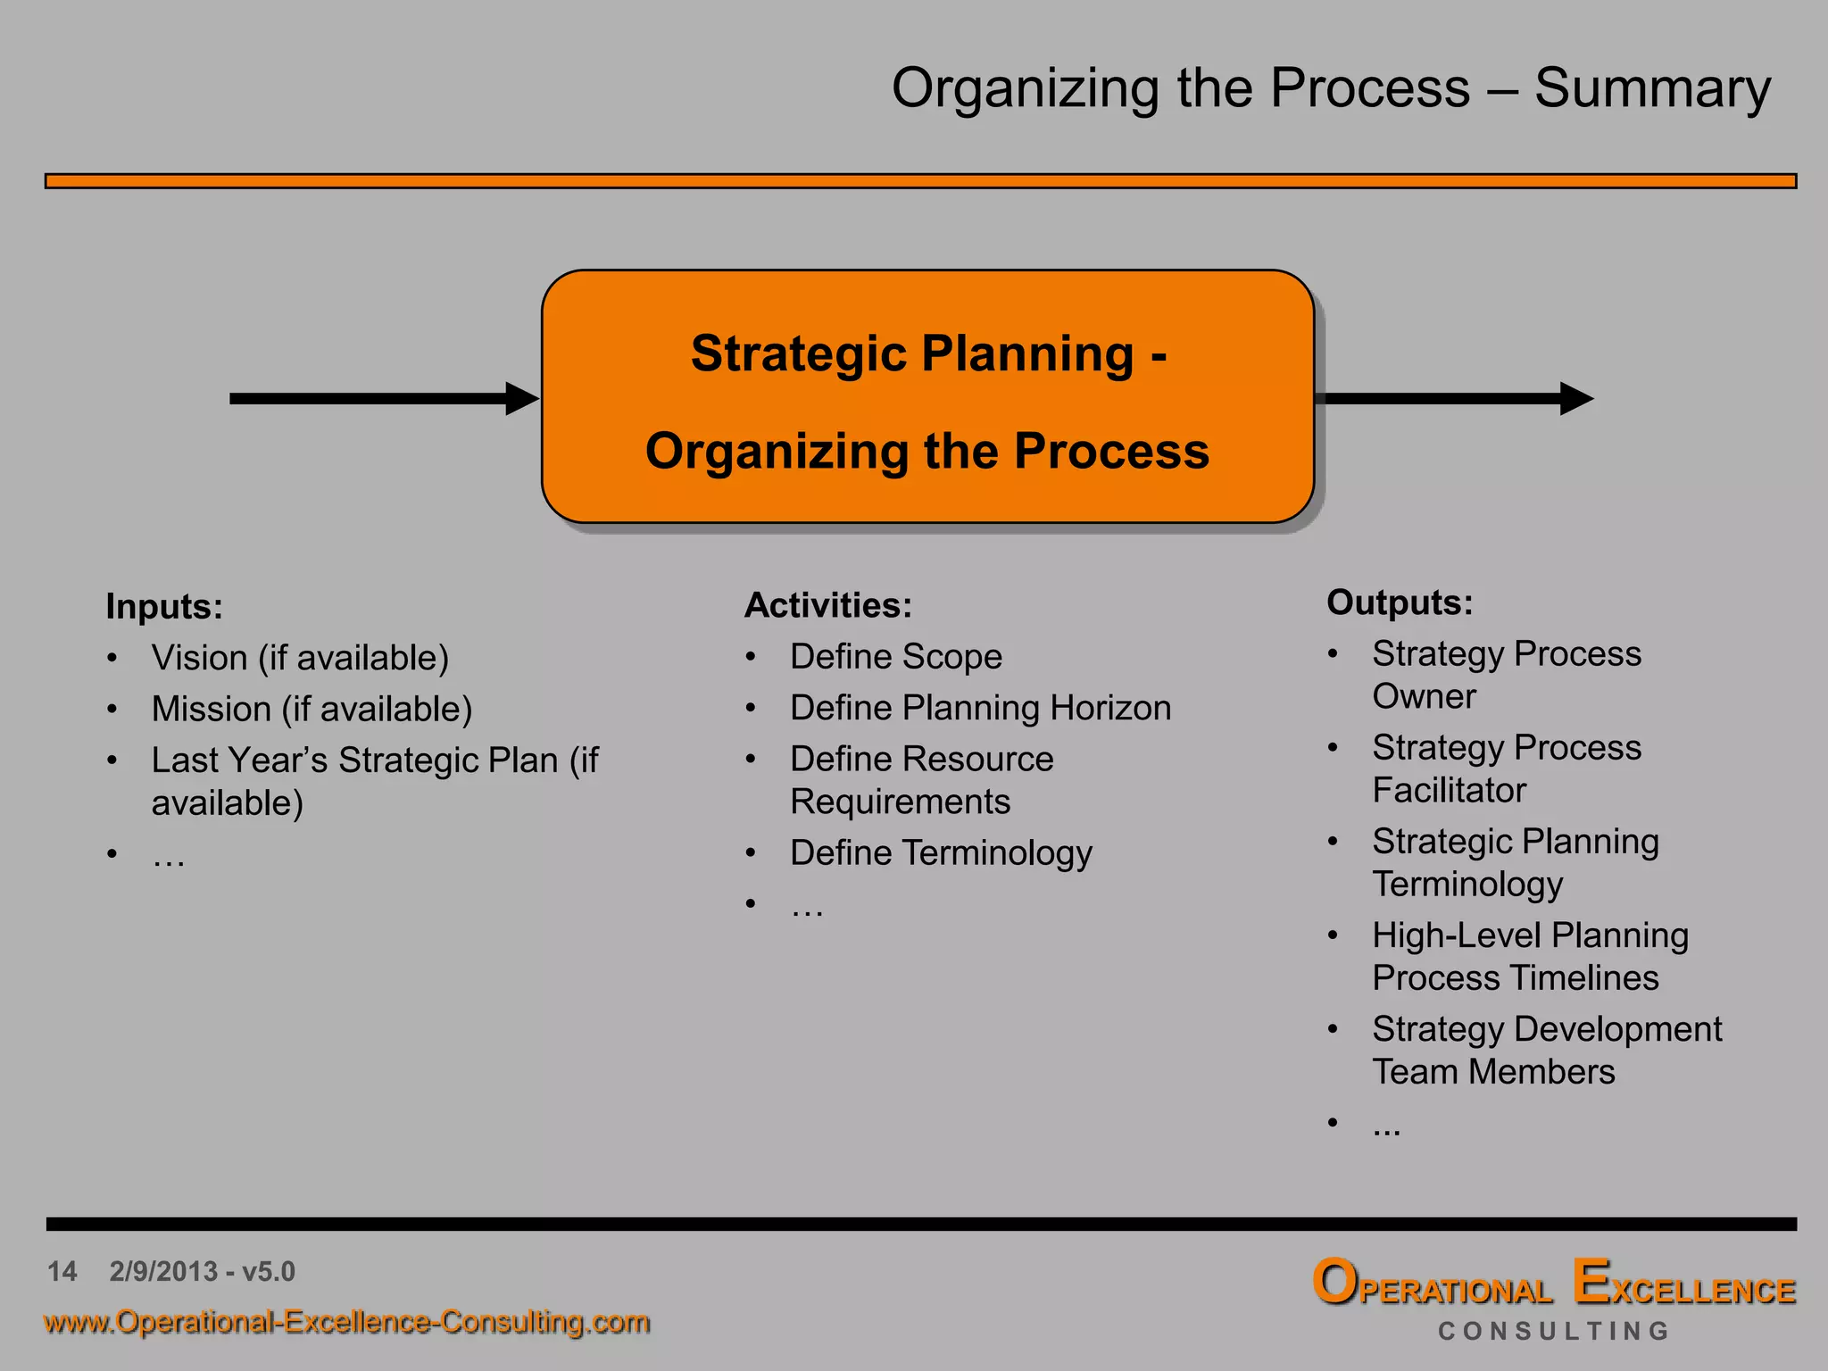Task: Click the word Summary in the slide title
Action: click(x=1651, y=89)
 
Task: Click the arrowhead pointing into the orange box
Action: click(x=521, y=398)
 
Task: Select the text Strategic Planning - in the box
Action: click(x=928, y=353)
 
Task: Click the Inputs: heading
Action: click(x=164, y=607)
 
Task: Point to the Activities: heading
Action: click(x=828, y=605)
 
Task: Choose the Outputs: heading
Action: click(x=1400, y=602)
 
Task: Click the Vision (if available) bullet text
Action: click(x=300, y=658)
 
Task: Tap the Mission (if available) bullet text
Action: click(x=312, y=709)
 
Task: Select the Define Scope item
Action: click(x=896, y=657)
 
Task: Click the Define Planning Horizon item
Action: click(x=980, y=708)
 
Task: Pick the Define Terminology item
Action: click(x=941, y=853)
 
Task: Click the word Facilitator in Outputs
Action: click(x=1449, y=791)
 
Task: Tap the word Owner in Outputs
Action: click(x=1424, y=696)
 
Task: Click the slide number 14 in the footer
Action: click(x=62, y=1271)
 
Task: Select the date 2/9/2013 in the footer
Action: click(x=164, y=1271)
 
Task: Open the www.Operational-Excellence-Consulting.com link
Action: click(x=346, y=1322)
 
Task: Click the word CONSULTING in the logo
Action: click(x=1553, y=1331)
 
